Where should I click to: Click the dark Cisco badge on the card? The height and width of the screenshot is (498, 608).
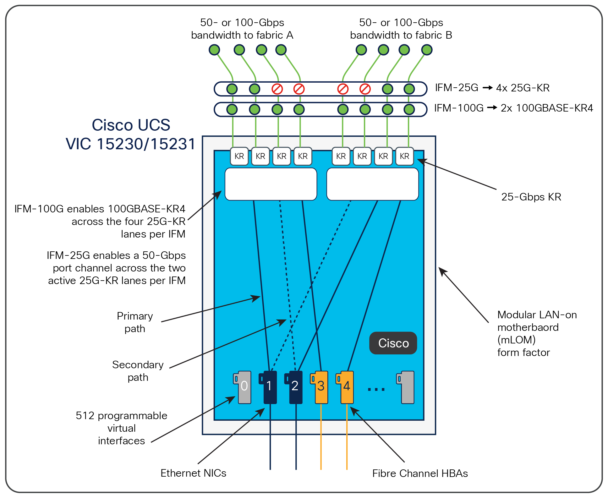(393, 343)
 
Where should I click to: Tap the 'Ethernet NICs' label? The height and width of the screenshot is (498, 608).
(193, 473)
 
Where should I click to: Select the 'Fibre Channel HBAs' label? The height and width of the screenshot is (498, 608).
(420, 473)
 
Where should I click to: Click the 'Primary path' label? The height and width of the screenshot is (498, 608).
(135, 322)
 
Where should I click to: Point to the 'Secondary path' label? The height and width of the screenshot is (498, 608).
(138, 371)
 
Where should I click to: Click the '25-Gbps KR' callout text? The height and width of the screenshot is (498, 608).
(531, 197)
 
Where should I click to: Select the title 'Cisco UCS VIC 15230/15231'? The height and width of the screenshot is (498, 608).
(131, 135)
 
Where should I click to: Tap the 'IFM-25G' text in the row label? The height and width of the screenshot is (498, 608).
(457, 88)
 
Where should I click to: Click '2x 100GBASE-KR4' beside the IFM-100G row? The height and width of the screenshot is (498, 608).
(547, 108)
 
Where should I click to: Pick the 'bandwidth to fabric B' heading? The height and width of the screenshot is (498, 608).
(401, 35)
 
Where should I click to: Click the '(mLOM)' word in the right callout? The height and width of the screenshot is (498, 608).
(517, 340)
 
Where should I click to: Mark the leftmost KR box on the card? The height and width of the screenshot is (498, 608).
(239, 156)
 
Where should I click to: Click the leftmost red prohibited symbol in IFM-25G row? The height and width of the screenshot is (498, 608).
(277, 89)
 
